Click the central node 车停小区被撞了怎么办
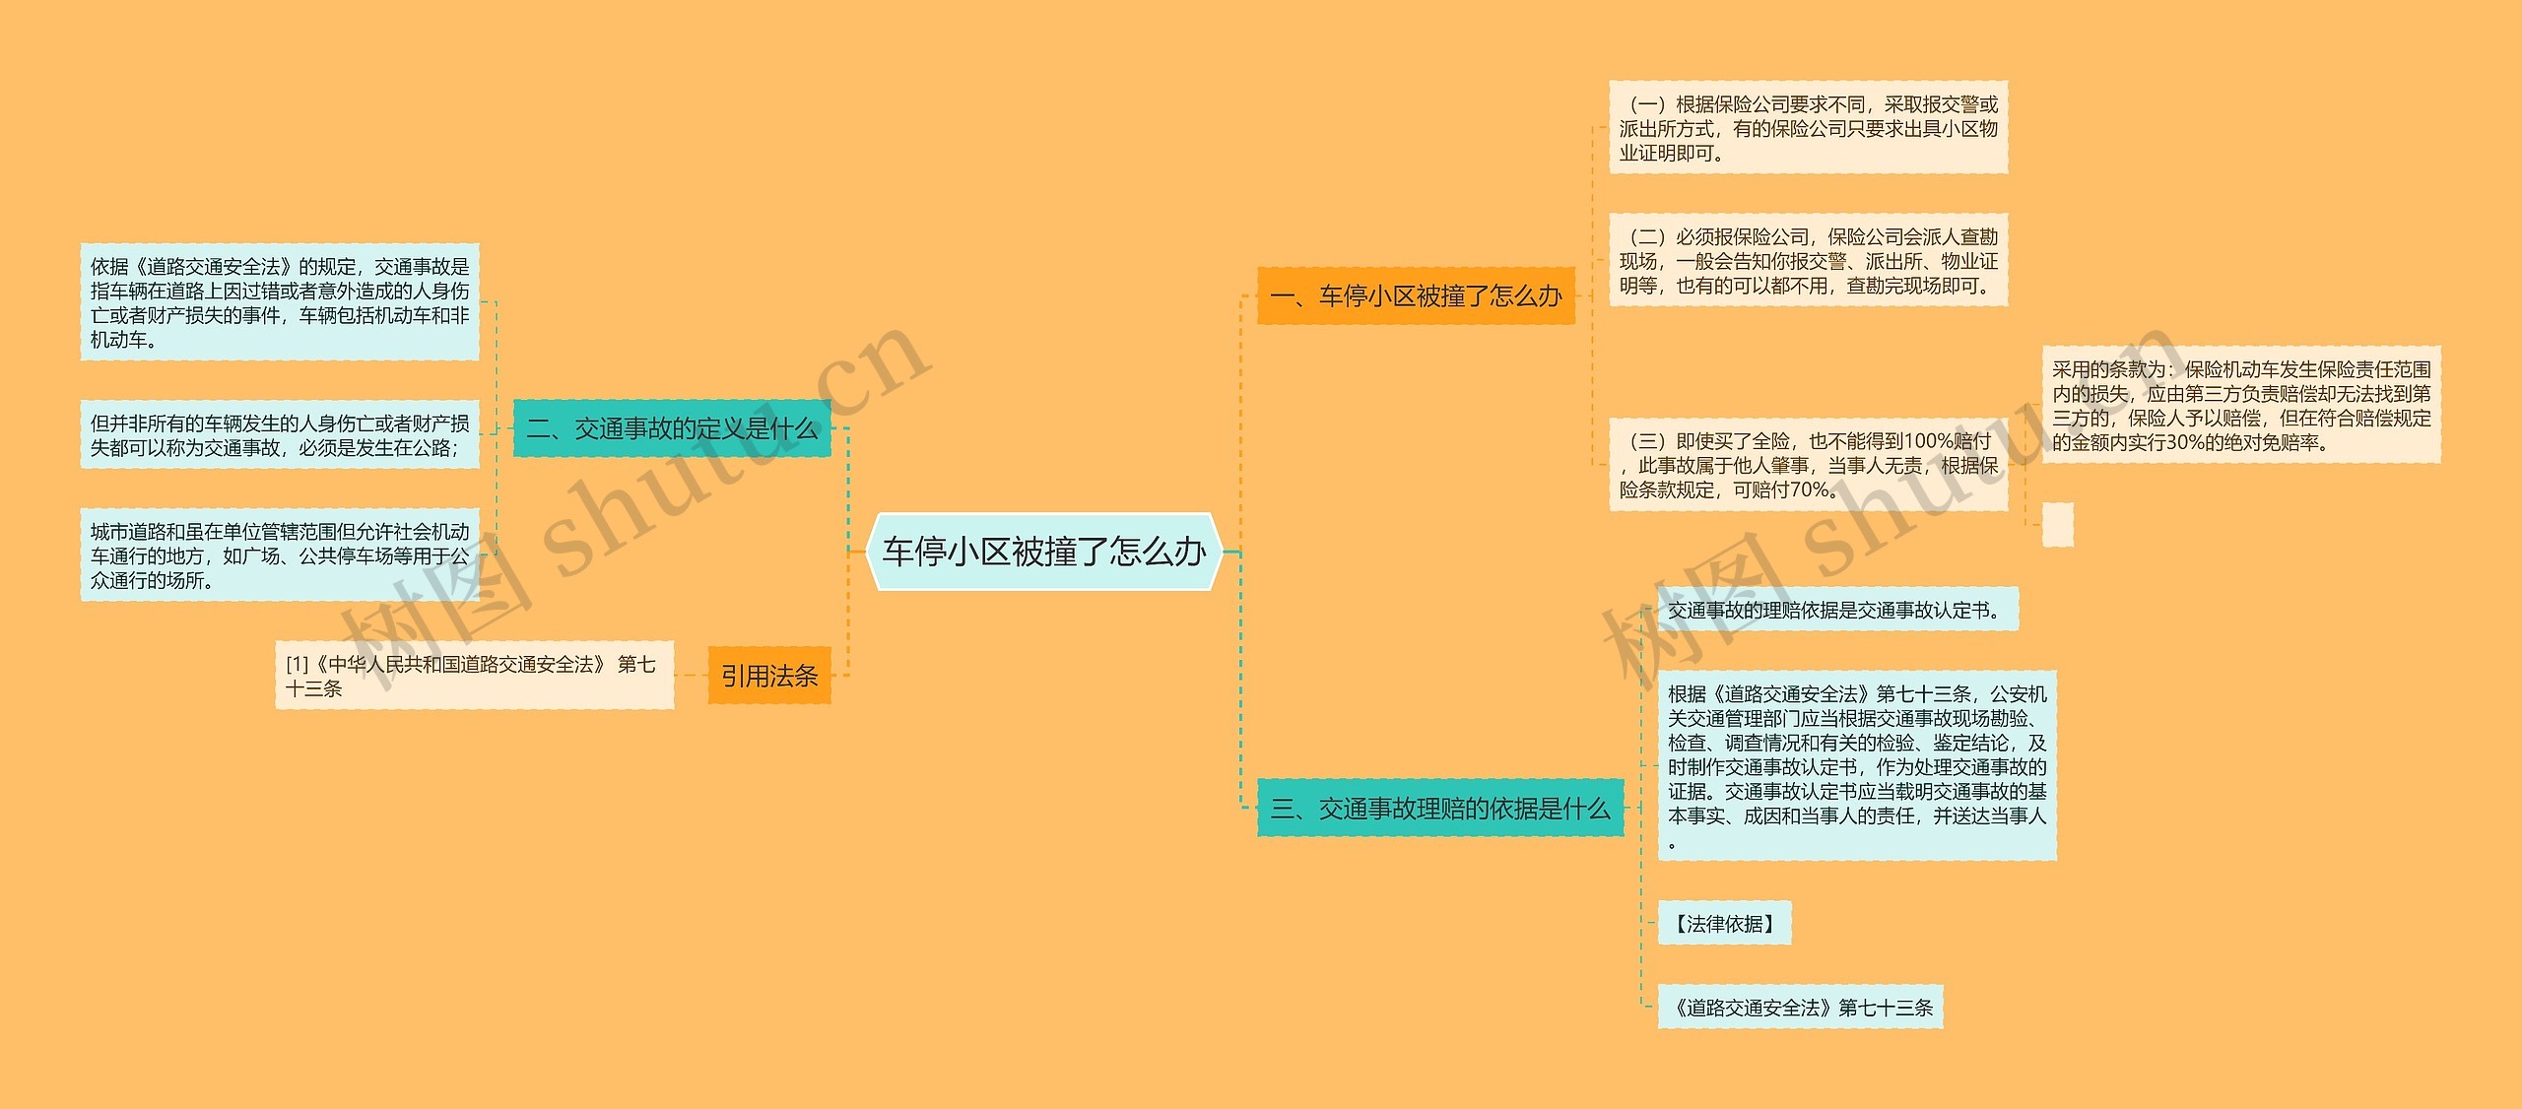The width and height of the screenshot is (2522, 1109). [x=1043, y=552]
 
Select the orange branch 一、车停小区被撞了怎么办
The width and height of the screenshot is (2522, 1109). [x=1416, y=295]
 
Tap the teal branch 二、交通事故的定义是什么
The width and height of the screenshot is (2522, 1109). [x=672, y=428]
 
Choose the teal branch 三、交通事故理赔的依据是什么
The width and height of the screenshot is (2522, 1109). [x=1439, y=809]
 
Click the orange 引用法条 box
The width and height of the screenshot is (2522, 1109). [x=769, y=676]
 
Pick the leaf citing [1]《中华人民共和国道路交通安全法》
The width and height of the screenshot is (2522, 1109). [x=474, y=676]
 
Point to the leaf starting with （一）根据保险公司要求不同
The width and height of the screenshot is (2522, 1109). [x=1808, y=128]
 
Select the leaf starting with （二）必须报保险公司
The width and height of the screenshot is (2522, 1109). [x=1808, y=261]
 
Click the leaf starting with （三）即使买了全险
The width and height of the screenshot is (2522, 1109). [x=1808, y=465]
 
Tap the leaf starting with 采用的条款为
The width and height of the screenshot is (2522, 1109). [x=2241, y=405]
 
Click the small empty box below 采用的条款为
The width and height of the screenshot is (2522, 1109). [x=2057, y=525]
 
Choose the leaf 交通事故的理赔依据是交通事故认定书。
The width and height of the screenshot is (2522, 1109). [x=1837, y=610]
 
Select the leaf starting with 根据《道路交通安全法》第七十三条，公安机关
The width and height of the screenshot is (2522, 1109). [x=1857, y=766]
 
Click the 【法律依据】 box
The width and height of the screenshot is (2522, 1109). [x=1724, y=924]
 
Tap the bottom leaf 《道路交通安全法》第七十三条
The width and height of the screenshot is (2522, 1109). [x=1800, y=1008]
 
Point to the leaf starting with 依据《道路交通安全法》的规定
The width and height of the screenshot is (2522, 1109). [x=280, y=302]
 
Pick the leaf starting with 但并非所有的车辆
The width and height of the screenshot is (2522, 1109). [x=280, y=435]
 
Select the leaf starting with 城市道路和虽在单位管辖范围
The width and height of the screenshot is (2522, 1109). [x=280, y=555]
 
